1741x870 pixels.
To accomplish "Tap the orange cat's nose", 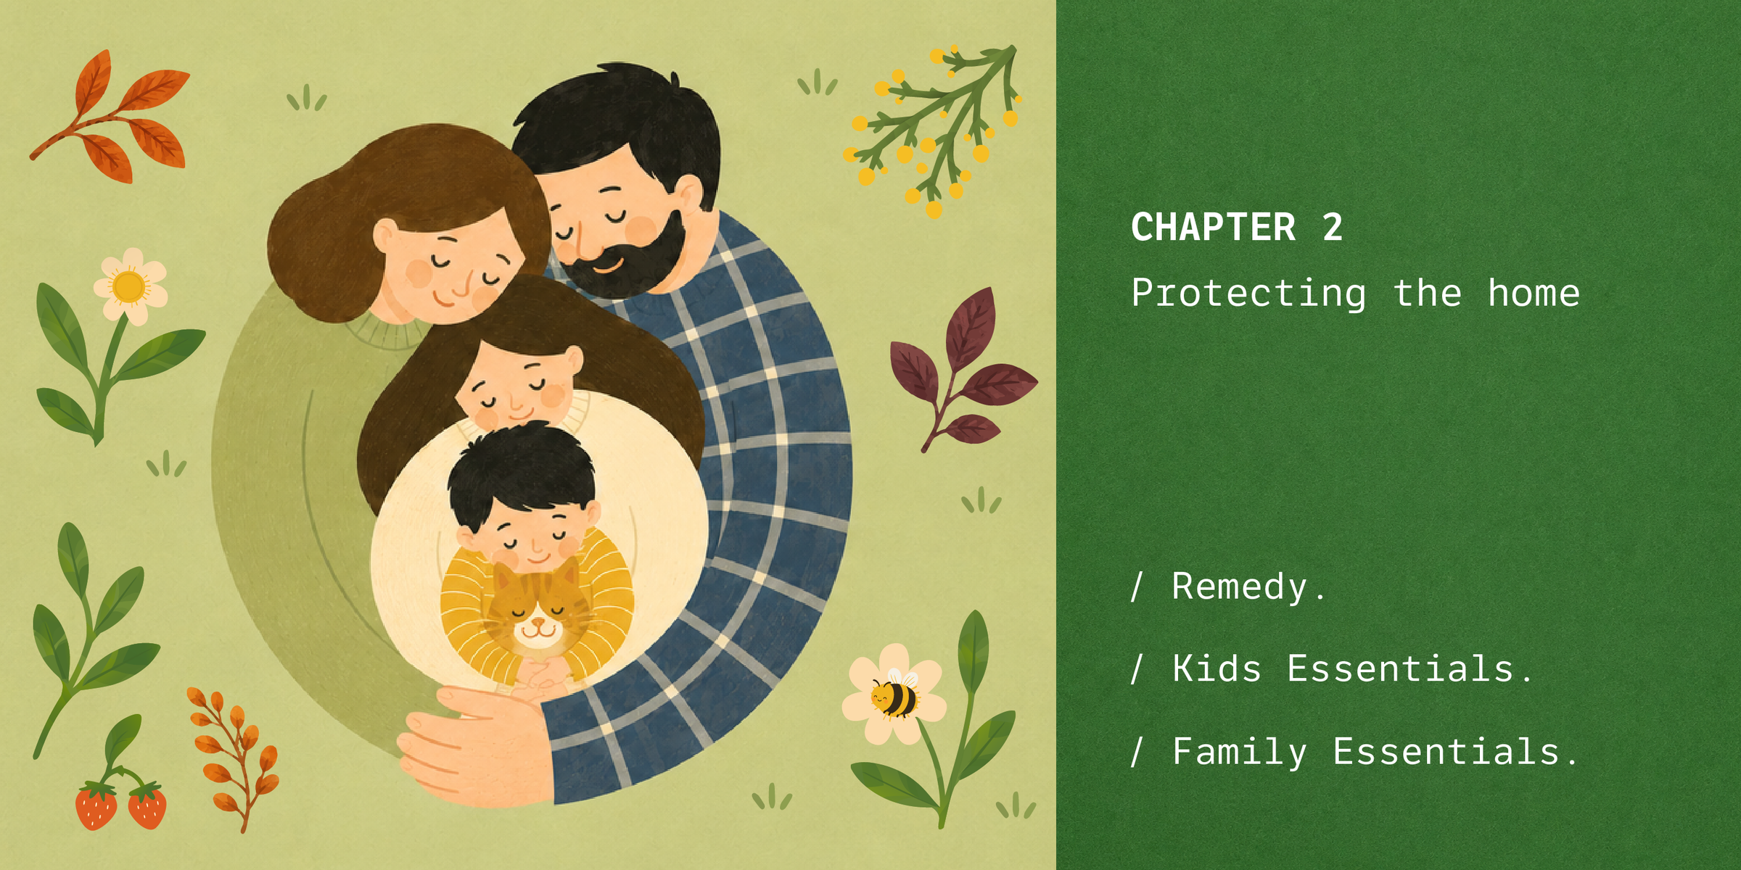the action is click(537, 622).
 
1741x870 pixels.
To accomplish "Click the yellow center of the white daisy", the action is click(129, 286).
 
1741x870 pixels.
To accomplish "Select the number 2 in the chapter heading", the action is click(1332, 228).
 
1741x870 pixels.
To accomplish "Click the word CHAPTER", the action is click(1213, 228).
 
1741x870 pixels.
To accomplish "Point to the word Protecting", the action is click(1248, 294).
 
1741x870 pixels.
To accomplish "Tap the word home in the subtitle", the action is click(1534, 293).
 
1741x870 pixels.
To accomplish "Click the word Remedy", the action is click(1240, 587).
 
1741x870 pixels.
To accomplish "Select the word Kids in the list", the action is click(1217, 668).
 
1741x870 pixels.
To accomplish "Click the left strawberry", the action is click(96, 805).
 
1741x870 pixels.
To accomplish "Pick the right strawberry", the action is click(147, 805).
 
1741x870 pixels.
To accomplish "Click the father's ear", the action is click(689, 192).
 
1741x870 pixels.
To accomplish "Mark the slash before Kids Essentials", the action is click(1137, 668).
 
